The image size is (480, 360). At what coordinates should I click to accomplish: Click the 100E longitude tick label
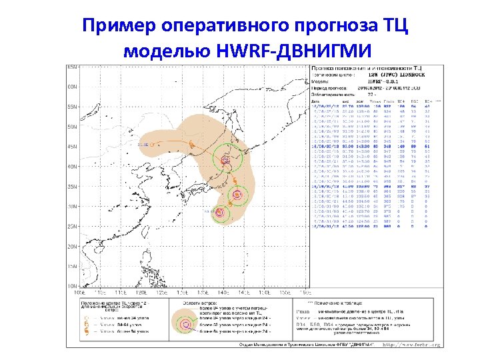click(x=79, y=292)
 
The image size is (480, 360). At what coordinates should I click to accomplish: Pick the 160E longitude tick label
click(x=304, y=292)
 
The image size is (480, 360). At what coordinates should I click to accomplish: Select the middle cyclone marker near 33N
click(x=237, y=195)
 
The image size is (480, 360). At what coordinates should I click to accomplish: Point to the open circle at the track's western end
click(x=153, y=144)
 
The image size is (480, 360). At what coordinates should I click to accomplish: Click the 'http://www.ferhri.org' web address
click(x=412, y=345)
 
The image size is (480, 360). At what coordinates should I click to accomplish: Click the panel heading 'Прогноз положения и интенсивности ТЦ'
click(x=367, y=69)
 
